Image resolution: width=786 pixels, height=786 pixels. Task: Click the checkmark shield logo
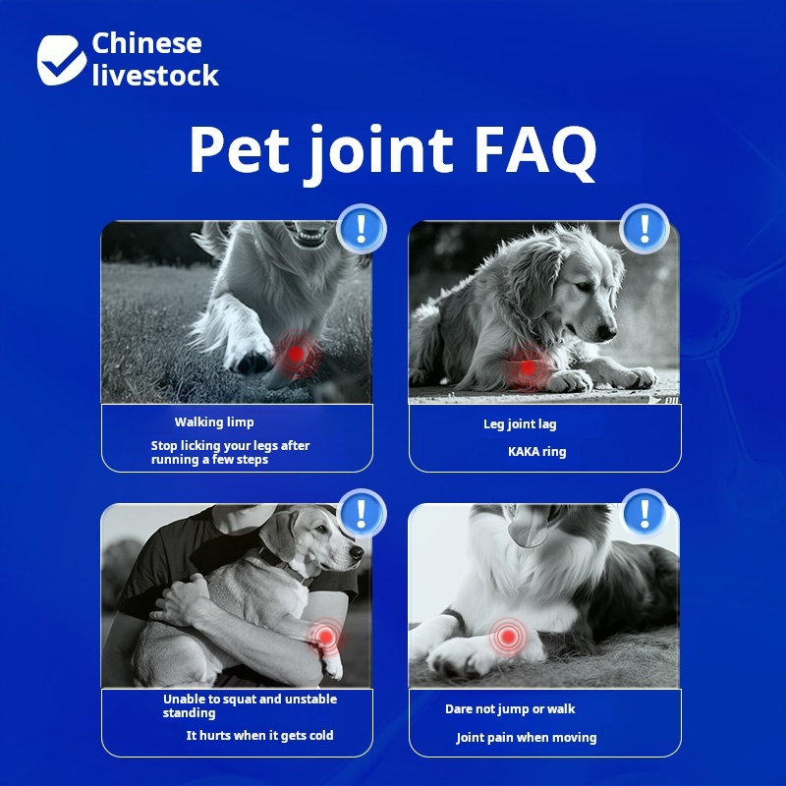tap(61, 60)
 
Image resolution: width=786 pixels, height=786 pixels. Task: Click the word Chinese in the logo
tap(146, 43)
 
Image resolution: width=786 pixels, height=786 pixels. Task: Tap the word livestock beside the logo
tap(155, 76)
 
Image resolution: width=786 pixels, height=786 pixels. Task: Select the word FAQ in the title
tap(535, 150)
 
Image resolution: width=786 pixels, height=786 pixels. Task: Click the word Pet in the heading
tap(240, 149)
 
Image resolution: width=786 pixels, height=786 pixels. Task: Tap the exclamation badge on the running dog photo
tap(362, 228)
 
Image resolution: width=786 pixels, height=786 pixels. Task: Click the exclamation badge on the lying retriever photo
tap(645, 228)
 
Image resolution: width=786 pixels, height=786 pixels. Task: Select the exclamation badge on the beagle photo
tap(362, 512)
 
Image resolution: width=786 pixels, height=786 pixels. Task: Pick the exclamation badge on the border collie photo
tap(645, 512)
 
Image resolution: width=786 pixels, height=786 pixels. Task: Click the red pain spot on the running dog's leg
tap(297, 354)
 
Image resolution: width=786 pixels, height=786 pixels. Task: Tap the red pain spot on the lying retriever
tap(528, 368)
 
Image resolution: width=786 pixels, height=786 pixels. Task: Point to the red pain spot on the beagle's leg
tap(326, 637)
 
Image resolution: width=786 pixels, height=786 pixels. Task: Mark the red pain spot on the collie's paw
tap(508, 637)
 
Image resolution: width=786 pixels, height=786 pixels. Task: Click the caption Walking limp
tap(214, 422)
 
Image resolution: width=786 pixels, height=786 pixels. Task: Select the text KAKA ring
tap(536, 452)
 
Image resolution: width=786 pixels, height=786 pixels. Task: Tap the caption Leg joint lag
tap(520, 424)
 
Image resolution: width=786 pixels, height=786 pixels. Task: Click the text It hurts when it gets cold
tap(259, 735)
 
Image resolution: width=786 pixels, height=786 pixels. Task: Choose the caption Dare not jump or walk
tap(510, 708)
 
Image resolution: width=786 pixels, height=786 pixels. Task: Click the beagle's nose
tap(357, 552)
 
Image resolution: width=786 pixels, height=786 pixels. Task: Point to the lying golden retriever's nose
tap(607, 332)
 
